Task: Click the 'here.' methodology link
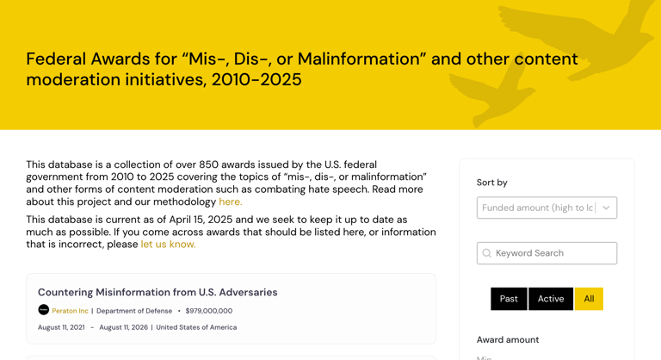pyautogui.click(x=230, y=202)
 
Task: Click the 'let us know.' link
pyautogui.click(x=168, y=244)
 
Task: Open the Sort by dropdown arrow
pyautogui.click(x=606, y=208)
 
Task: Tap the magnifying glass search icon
pyautogui.click(x=487, y=253)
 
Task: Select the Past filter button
pyautogui.click(x=509, y=299)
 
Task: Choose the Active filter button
pyautogui.click(x=551, y=299)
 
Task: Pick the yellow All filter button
pyautogui.click(x=589, y=299)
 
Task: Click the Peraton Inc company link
pyautogui.click(x=70, y=311)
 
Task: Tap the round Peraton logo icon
pyautogui.click(x=43, y=310)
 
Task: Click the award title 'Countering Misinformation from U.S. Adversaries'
pyautogui.click(x=158, y=292)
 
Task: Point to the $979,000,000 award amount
pyautogui.click(x=209, y=311)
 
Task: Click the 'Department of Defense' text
pyautogui.click(x=133, y=311)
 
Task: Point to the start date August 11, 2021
pyautogui.click(x=61, y=327)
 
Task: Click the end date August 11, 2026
pyautogui.click(x=123, y=327)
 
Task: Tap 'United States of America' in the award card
pyautogui.click(x=196, y=327)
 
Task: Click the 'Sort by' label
pyautogui.click(x=492, y=183)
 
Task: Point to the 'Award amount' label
pyautogui.click(x=508, y=339)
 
